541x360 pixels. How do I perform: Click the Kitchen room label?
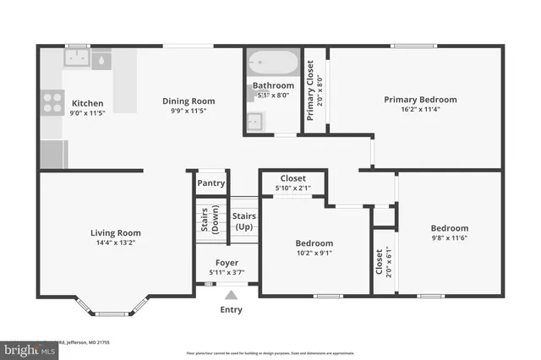click(x=87, y=103)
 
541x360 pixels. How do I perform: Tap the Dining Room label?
click(x=189, y=101)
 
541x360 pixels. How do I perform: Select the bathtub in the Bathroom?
click(x=272, y=64)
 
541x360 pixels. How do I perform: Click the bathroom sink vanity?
click(x=255, y=123)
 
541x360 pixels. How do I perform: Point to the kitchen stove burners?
click(x=52, y=102)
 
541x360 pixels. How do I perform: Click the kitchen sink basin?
click(x=79, y=59)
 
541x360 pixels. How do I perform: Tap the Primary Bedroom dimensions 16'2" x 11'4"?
click(x=420, y=109)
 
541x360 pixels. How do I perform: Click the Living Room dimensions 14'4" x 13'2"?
click(x=116, y=243)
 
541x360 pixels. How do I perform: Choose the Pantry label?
click(x=210, y=183)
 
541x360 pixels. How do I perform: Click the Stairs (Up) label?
click(x=243, y=222)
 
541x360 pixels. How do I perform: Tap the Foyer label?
click(x=227, y=263)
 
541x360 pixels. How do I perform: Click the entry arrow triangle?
click(x=231, y=295)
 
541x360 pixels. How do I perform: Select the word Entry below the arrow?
click(x=231, y=309)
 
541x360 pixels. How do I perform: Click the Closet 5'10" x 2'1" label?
click(x=292, y=183)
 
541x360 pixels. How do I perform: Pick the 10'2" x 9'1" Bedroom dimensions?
click(x=314, y=253)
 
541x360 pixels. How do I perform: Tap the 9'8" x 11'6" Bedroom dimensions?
click(x=449, y=237)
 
